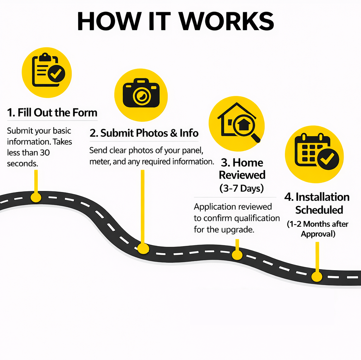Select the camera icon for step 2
pos(141,94)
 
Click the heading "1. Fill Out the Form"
pos(52,113)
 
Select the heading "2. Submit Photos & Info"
pos(144,133)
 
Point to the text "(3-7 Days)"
pos(242,188)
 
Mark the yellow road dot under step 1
pos(36,197)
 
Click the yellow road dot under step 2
pos(143,249)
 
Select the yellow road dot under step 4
pos(317,277)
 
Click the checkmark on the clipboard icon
pos(56,74)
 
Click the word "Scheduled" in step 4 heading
pos(319,210)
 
